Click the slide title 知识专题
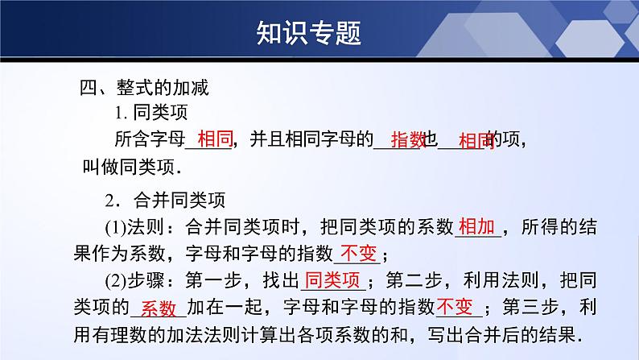(x=308, y=33)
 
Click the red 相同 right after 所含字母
(x=215, y=140)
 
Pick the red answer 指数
(x=407, y=140)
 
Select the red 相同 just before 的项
(x=476, y=142)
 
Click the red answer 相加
(x=477, y=227)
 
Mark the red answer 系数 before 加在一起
(x=158, y=308)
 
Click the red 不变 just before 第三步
(x=457, y=306)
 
